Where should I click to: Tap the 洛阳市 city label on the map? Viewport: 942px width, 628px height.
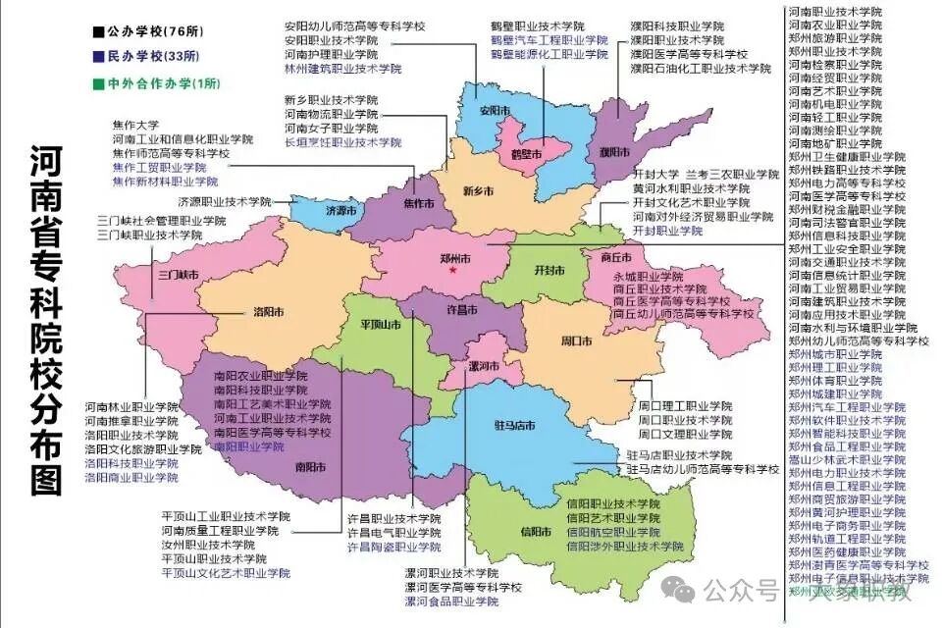263,312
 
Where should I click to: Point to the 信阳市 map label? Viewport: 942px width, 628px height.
536,531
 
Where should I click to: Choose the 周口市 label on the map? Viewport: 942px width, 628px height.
575,340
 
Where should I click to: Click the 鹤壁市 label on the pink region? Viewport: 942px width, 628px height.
527,153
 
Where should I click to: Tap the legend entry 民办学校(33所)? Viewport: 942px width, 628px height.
151,56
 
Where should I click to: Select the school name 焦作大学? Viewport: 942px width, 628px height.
135,126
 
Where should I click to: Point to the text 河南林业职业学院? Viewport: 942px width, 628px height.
131,406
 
